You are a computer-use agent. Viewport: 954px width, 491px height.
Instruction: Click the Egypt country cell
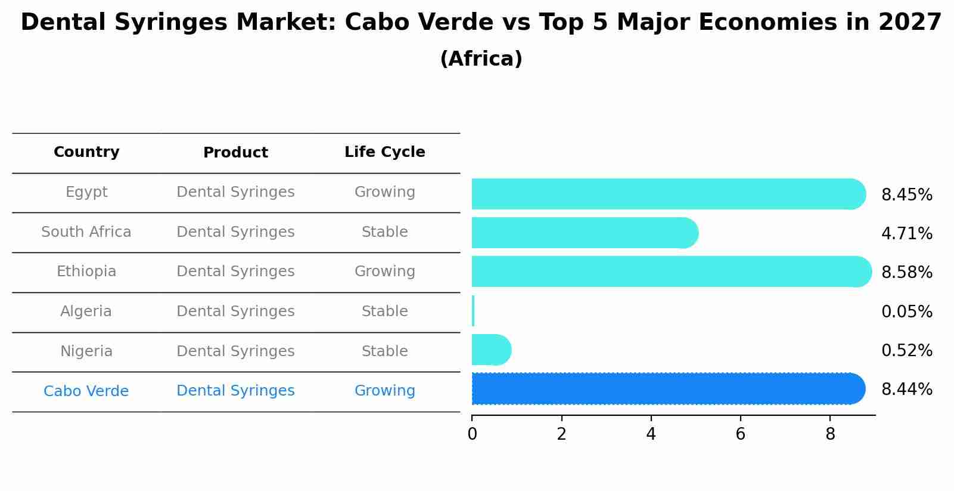click(x=86, y=192)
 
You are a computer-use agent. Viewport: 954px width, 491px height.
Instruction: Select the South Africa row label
click(x=86, y=232)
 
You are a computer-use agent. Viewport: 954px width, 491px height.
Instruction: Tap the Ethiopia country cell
click(x=86, y=271)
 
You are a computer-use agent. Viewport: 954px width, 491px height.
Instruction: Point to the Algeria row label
click(x=86, y=311)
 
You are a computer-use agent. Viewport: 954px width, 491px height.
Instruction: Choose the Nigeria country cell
click(x=86, y=351)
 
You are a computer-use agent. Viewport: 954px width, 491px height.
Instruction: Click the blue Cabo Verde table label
click(x=86, y=391)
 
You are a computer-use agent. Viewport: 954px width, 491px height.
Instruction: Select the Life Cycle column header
click(x=385, y=152)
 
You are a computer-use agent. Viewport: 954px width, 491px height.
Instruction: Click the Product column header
click(x=235, y=153)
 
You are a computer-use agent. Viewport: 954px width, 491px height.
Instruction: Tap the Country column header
click(x=86, y=152)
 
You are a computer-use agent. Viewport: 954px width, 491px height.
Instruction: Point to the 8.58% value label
click(x=906, y=273)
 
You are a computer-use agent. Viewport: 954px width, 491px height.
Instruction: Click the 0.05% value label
click(x=906, y=312)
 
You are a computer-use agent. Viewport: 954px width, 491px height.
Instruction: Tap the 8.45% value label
click(x=906, y=195)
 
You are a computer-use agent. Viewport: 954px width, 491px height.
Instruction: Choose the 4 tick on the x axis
click(x=651, y=434)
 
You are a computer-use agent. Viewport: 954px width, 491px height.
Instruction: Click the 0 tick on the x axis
click(x=472, y=434)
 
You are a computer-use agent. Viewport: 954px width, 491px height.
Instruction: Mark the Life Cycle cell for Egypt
click(x=385, y=192)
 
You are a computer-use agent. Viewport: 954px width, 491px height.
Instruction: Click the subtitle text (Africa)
click(x=481, y=59)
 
